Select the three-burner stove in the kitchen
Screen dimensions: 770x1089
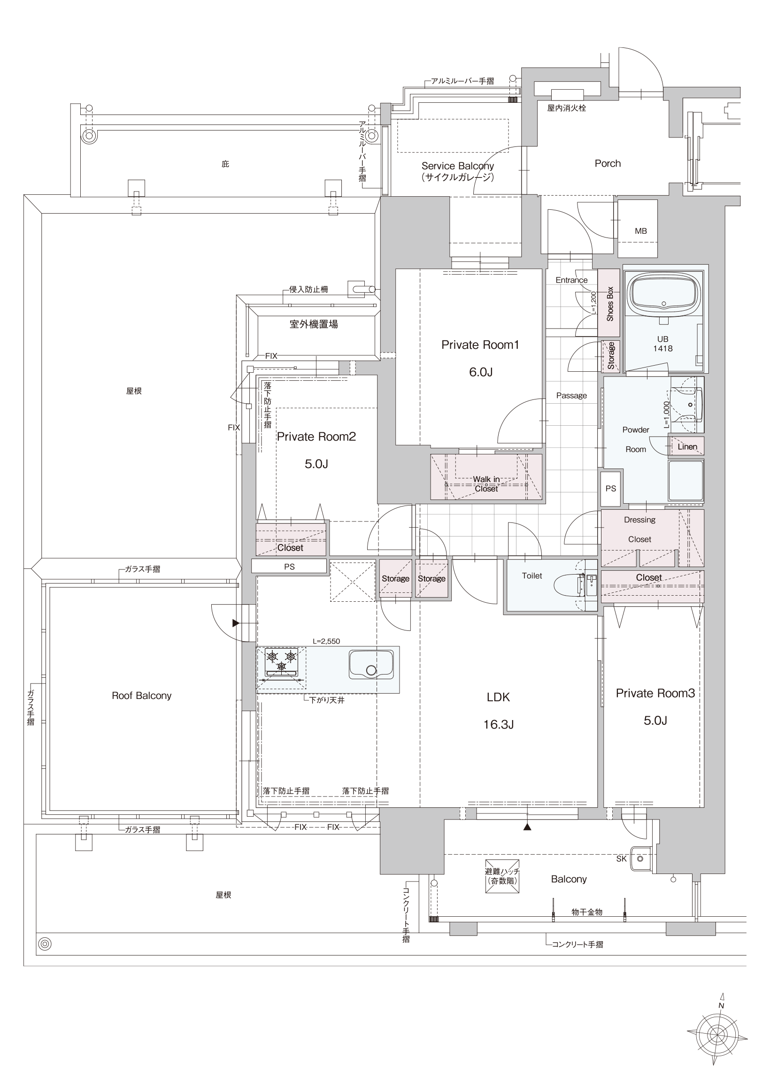281,662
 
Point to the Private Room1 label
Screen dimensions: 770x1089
480,345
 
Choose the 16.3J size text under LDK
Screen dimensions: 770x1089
498,724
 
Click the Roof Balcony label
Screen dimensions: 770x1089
141,695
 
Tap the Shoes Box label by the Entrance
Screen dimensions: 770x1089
610,304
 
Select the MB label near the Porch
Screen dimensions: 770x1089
640,231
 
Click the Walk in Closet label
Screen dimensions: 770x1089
486,484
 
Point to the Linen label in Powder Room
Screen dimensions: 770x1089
687,447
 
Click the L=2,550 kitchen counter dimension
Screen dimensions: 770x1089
326,641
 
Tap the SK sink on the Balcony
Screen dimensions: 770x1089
640,859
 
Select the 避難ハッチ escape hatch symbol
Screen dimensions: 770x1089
502,876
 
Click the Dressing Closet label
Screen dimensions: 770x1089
639,529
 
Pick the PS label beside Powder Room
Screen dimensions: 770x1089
610,488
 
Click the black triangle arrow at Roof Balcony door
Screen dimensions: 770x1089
236,623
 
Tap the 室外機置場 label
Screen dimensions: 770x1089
314,324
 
